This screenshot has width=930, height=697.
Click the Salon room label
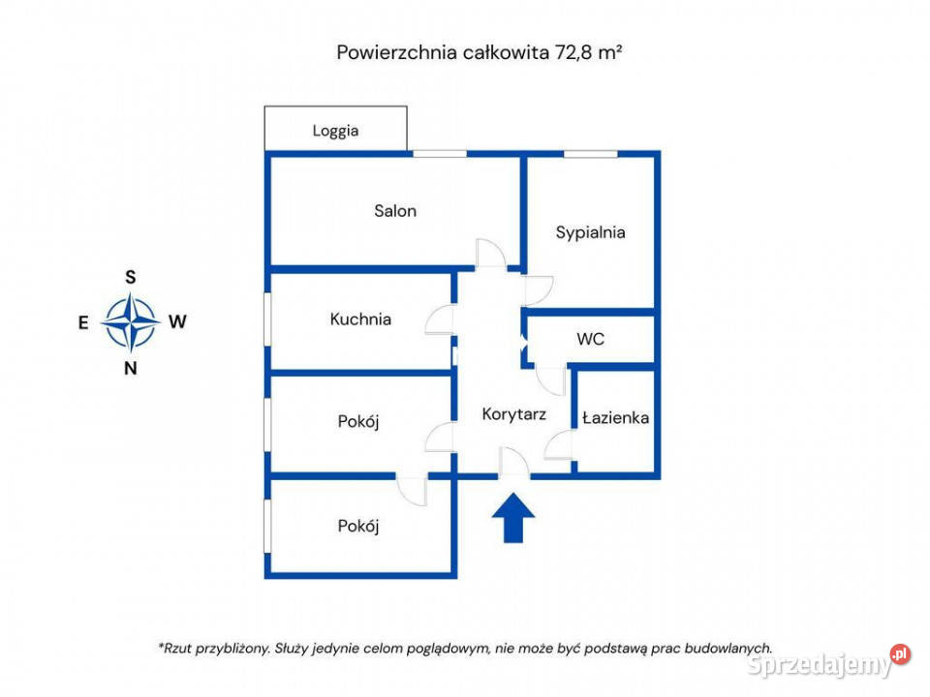point(395,211)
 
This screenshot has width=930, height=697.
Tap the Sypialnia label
point(590,232)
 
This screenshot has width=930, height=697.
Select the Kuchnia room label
point(360,318)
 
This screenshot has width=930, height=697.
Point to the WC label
point(590,340)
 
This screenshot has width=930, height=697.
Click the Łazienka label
point(615,418)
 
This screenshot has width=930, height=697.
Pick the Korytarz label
point(514,414)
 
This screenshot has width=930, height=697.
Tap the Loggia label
point(335,131)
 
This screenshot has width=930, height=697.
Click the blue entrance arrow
point(513,518)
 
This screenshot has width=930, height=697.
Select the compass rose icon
point(131,322)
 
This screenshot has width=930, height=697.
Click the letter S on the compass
point(131,277)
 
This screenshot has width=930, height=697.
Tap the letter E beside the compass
point(84,323)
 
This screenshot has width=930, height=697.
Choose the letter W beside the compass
point(177,323)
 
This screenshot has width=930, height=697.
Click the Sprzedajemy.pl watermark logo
point(829,664)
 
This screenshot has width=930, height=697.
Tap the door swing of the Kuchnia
point(441,320)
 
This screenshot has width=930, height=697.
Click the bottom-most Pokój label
point(358,527)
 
